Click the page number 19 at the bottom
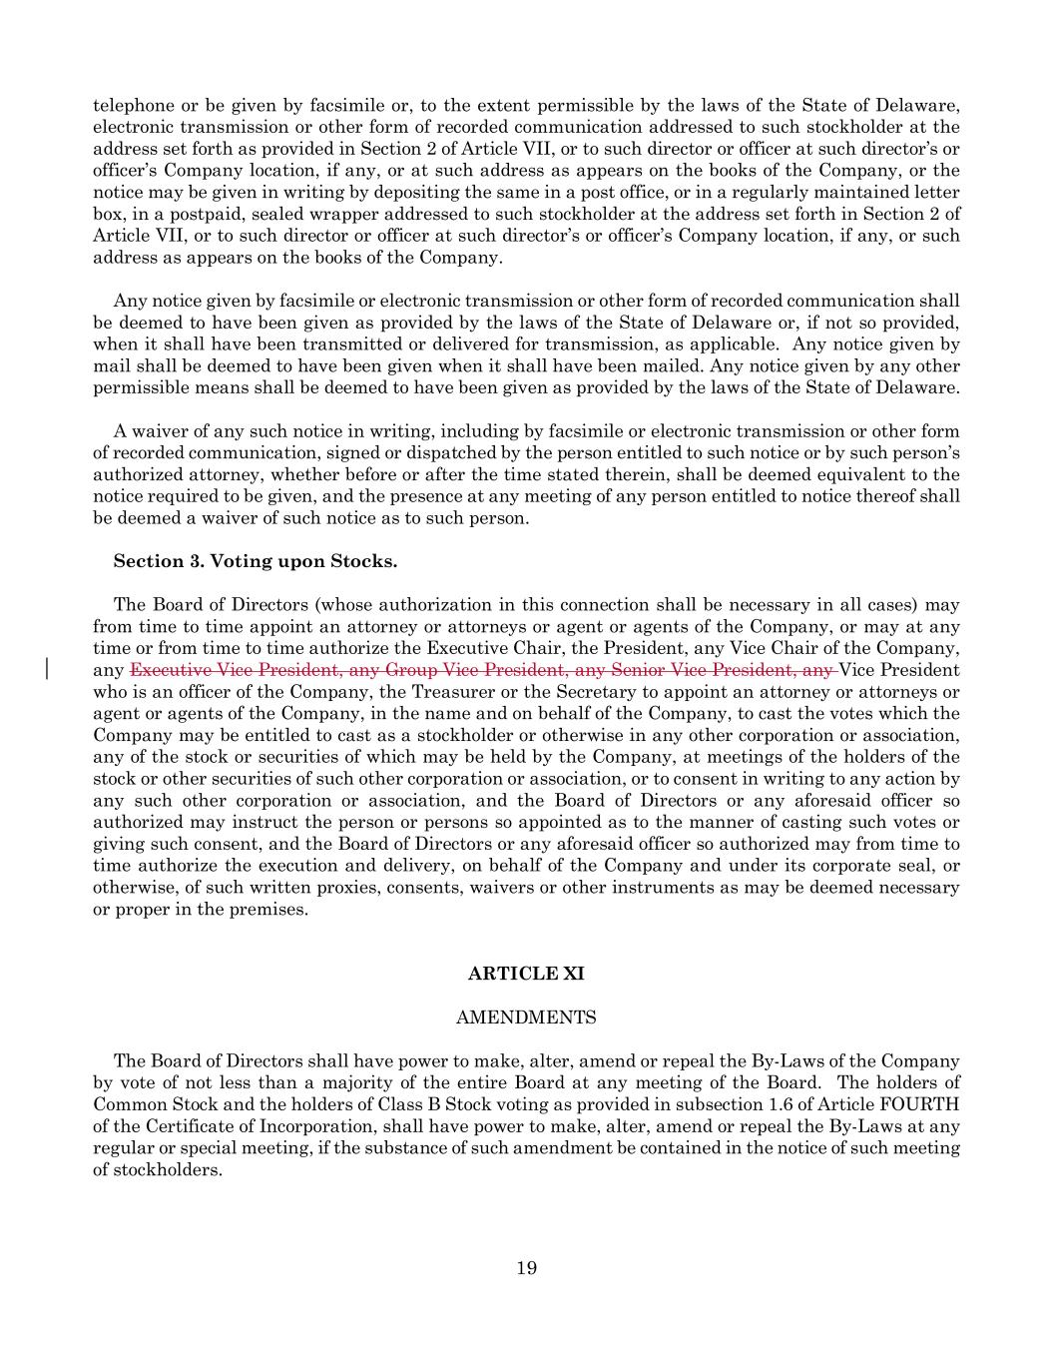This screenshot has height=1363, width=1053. pos(527,1268)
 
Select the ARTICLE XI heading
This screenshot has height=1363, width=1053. pos(526,974)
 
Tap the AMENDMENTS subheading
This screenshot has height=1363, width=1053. pos(526,1018)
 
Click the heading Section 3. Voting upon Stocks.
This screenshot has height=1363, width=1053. pos(256,561)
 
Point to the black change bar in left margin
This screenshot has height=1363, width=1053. pos(49,669)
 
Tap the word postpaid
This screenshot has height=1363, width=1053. pos(235,214)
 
